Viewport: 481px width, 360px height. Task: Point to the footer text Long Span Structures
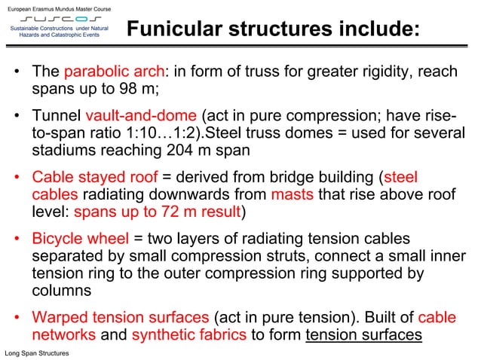(x=37, y=352)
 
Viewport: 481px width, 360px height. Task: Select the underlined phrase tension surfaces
(x=363, y=334)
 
